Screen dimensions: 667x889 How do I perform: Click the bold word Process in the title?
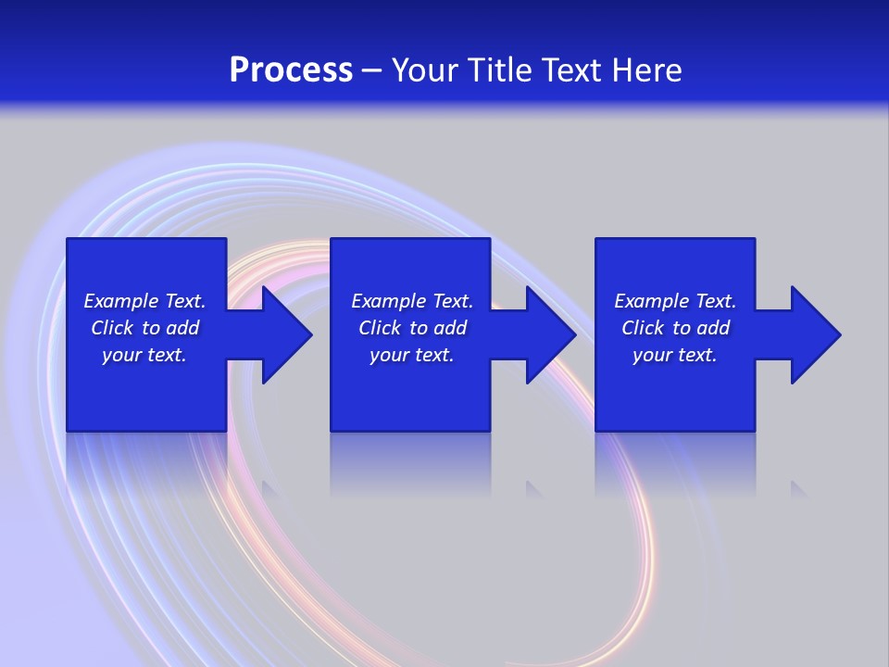tap(291, 70)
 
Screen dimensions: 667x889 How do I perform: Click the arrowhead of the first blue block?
tap(282, 334)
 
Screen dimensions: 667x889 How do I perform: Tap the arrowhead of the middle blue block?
tap(547, 334)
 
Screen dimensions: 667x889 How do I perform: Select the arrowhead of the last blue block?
tap(812, 334)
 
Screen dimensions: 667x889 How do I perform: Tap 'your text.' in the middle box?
tap(411, 355)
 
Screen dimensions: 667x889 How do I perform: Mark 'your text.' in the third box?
tap(674, 355)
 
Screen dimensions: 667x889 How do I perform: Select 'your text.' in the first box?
tap(144, 355)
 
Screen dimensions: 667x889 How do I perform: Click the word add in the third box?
tap(713, 328)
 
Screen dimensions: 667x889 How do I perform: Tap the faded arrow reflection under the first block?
tap(271, 488)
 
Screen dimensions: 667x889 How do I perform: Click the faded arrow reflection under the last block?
tap(799, 488)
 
